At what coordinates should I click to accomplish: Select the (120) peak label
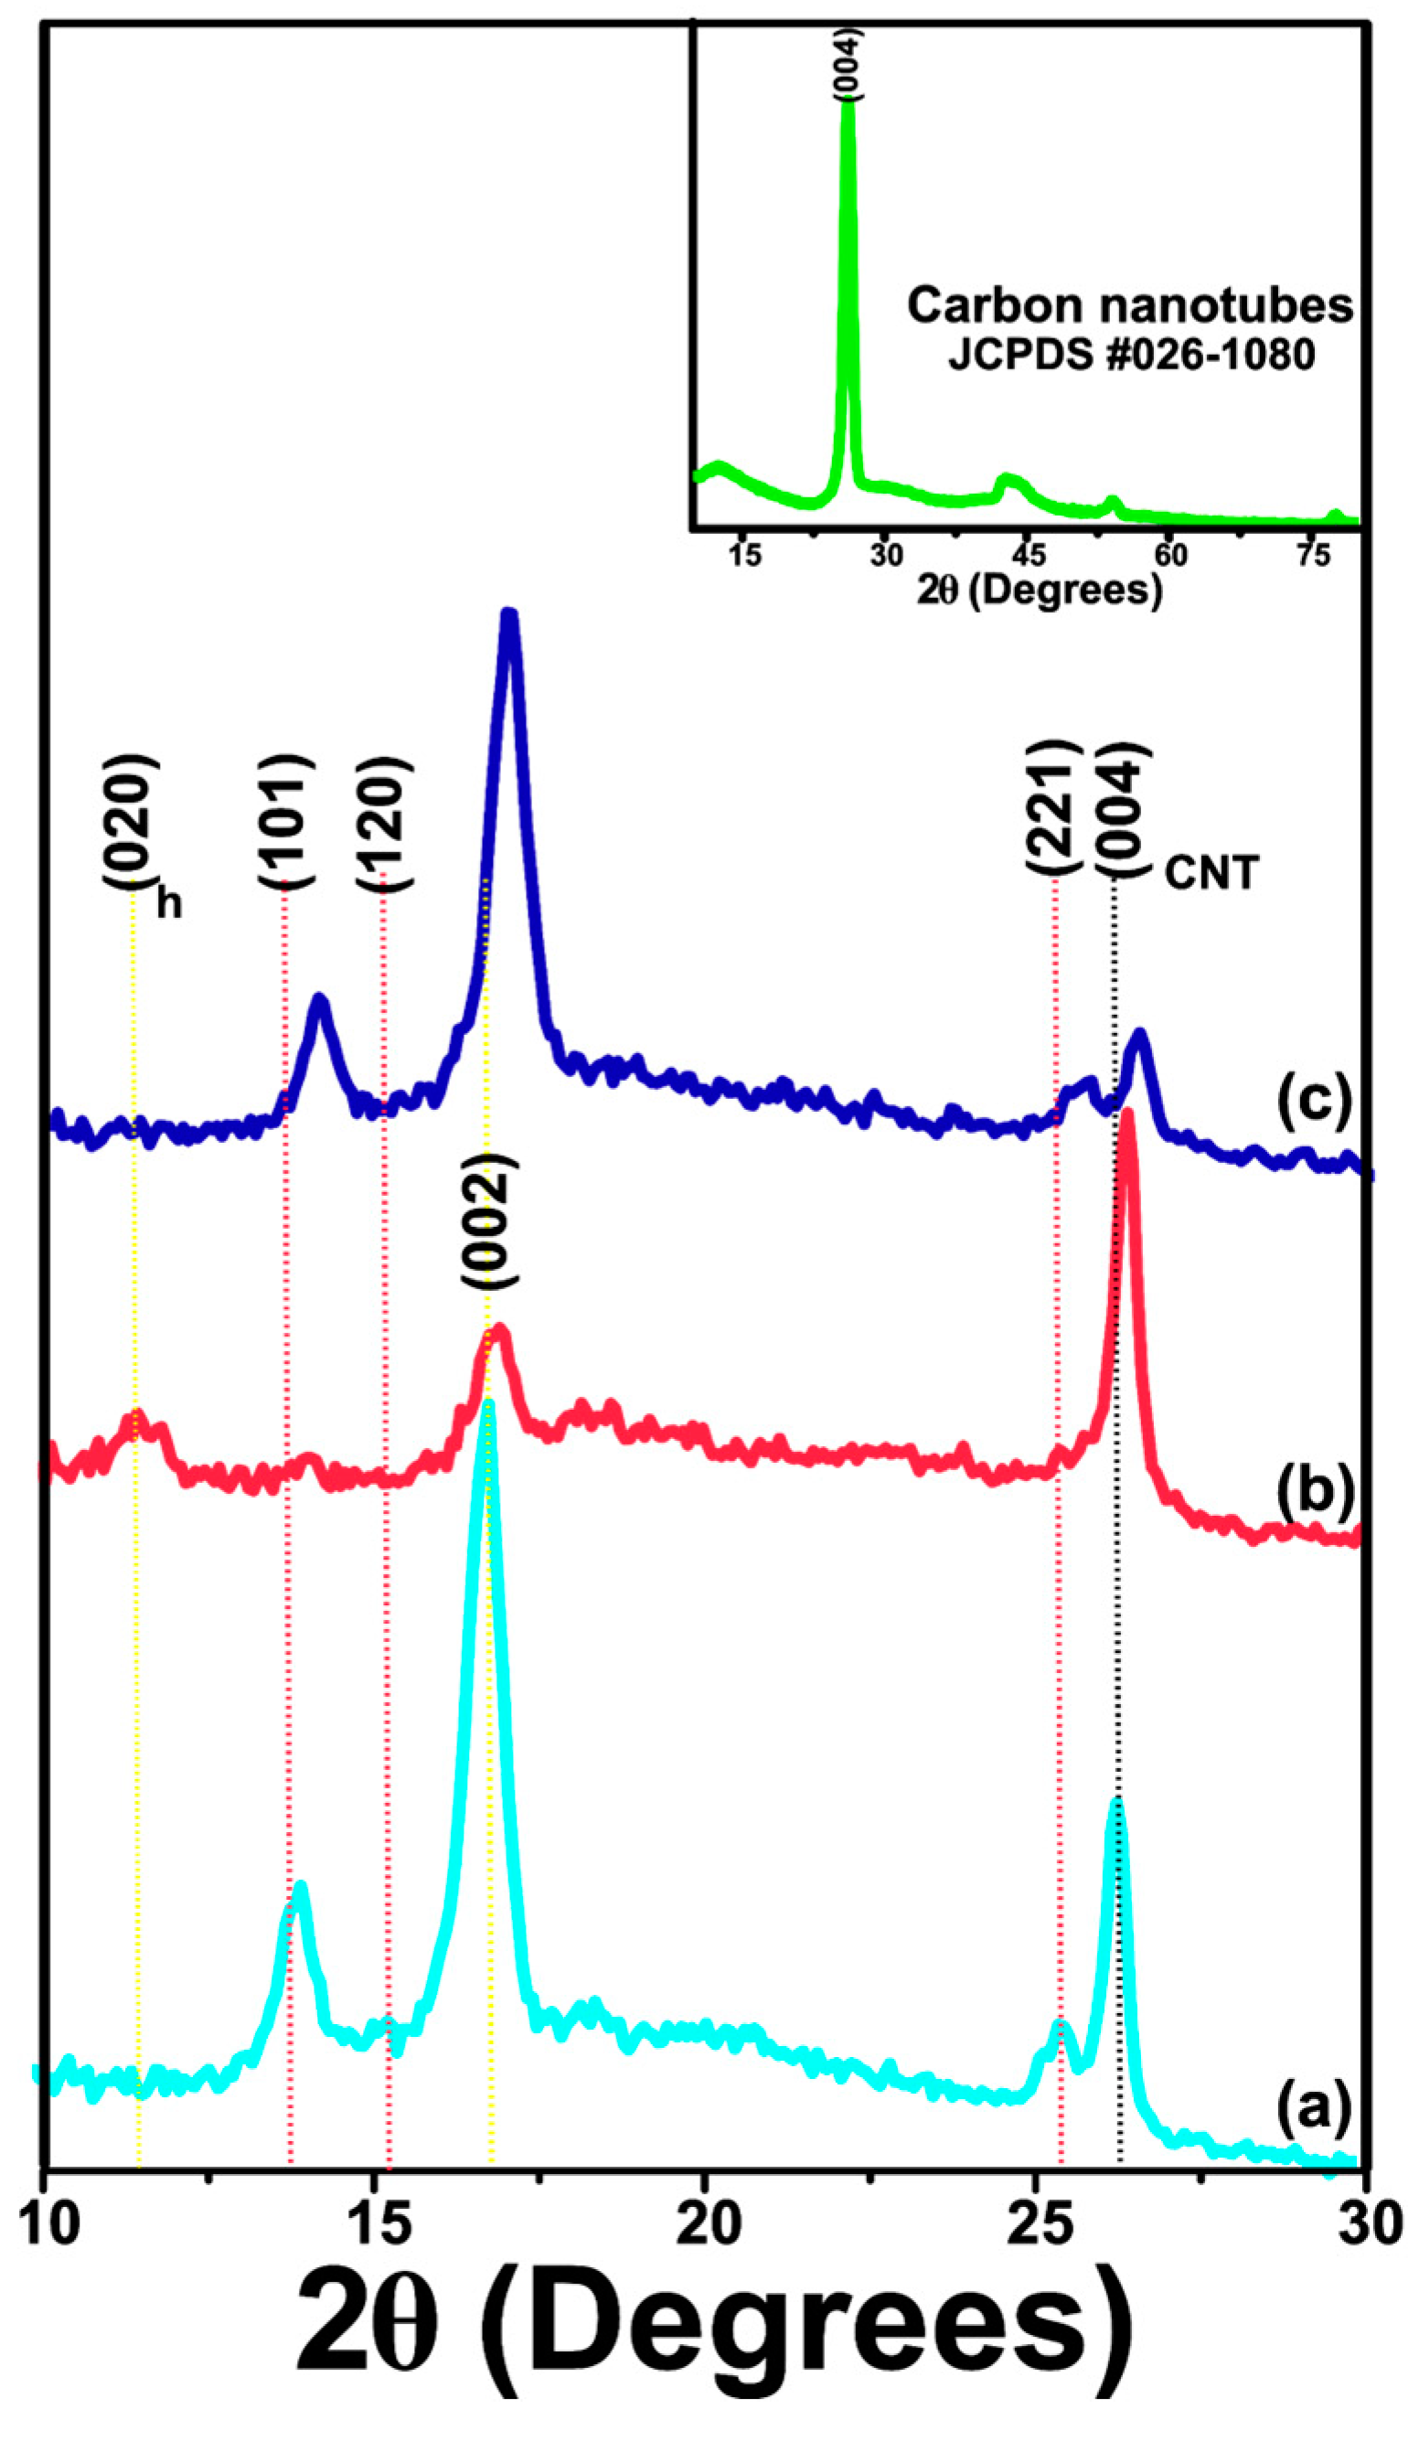coord(385,823)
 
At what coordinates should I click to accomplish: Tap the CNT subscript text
coord(1211,875)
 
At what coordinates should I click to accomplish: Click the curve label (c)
coord(1314,1102)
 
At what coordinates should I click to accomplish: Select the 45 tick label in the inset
coord(1028,556)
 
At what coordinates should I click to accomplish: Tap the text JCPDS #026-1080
coord(1131,356)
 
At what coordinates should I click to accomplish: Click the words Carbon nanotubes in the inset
coord(1129,305)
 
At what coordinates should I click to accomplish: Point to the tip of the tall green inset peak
coord(848,102)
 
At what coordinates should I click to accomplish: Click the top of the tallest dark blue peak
coord(508,614)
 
